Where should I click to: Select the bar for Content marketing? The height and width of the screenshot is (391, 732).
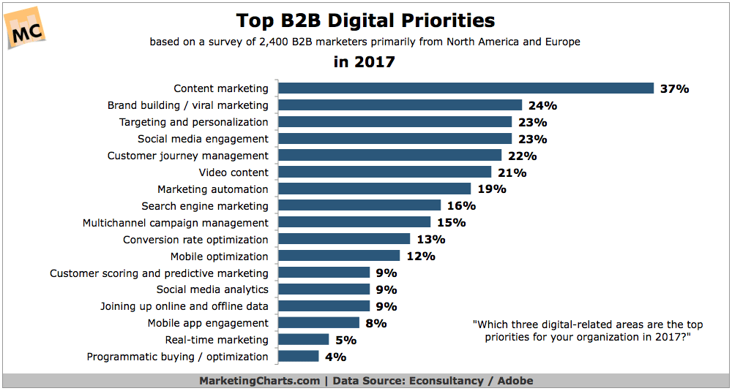pyautogui.click(x=466, y=88)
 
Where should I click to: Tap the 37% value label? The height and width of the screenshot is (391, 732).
pyautogui.click(x=673, y=88)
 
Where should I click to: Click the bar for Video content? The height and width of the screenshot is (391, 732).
pyautogui.click(x=385, y=172)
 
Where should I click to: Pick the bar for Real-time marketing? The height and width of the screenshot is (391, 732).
pyautogui.click(x=304, y=340)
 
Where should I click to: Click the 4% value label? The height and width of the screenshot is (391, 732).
pyautogui.click(x=335, y=357)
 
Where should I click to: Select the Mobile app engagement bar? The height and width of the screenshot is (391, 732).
pyautogui.click(x=319, y=323)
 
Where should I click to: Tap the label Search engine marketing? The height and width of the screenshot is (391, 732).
pyautogui.click(x=205, y=206)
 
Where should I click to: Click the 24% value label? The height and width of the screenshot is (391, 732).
pyautogui.click(x=542, y=105)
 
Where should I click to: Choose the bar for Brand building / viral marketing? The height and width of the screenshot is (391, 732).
pyautogui.click(x=400, y=105)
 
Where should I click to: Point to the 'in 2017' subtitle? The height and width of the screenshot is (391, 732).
pyautogui.click(x=364, y=62)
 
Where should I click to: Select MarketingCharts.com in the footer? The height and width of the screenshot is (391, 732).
pyautogui.click(x=260, y=381)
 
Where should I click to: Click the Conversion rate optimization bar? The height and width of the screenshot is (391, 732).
pyautogui.click(x=344, y=240)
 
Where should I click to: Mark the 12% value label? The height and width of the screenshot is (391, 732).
pyautogui.click(x=420, y=257)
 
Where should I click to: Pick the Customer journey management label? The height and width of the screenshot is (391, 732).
pyautogui.click(x=188, y=156)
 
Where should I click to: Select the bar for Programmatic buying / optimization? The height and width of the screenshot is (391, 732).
pyautogui.click(x=299, y=357)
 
